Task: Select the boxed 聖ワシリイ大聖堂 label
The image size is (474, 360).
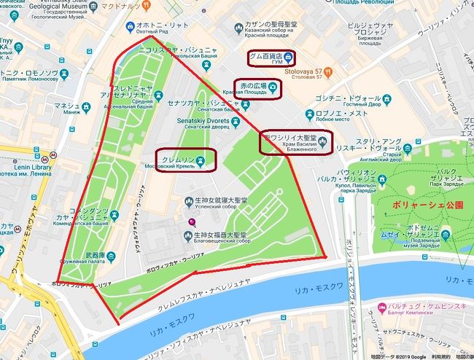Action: tap(295, 141)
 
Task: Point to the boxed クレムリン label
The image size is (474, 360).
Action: tap(187, 159)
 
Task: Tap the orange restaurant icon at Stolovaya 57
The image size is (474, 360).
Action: tap(329, 72)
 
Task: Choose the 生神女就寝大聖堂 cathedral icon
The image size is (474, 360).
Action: tap(187, 200)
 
